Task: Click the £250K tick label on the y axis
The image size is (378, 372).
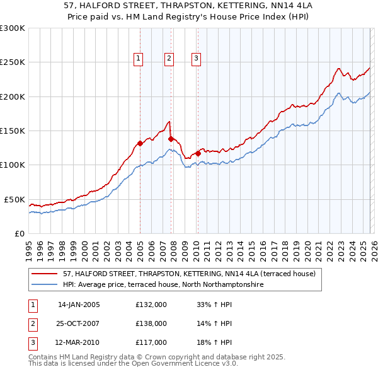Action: [x=13, y=62]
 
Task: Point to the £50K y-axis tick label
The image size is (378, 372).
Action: [x=14, y=199]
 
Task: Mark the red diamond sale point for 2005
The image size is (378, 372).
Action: [x=140, y=143]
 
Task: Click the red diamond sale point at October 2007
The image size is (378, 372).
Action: [x=171, y=139]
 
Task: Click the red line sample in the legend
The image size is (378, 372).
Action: [x=45, y=274]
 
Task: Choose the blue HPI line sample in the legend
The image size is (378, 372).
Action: [x=45, y=285]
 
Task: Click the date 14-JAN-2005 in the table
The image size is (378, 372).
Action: [x=79, y=305]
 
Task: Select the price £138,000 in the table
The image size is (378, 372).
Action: [x=151, y=323]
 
